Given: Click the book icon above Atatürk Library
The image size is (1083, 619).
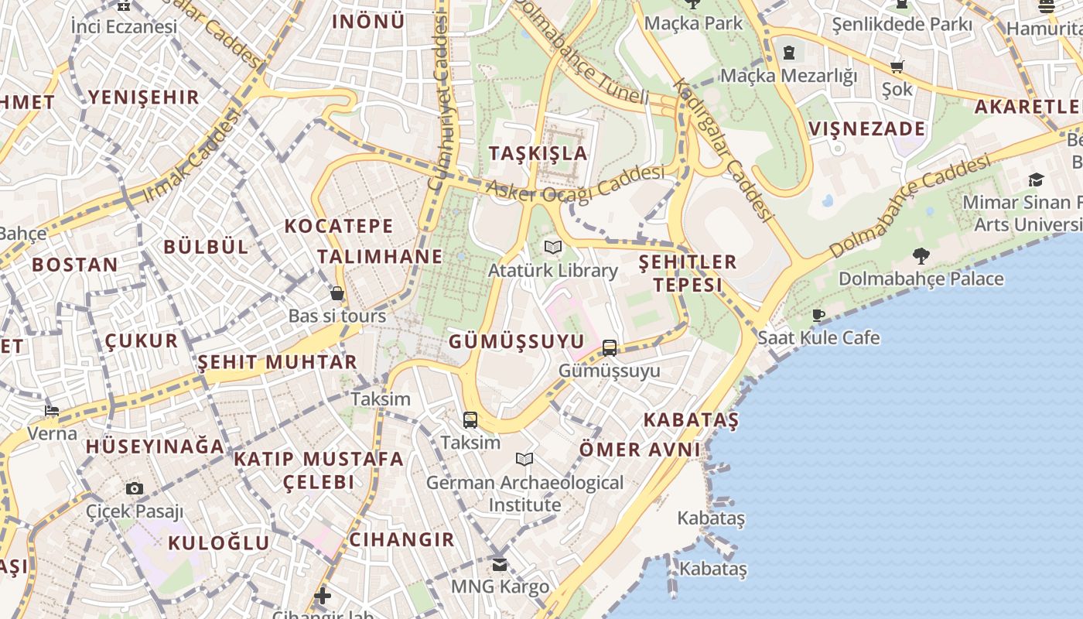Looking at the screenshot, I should click(x=552, y=247).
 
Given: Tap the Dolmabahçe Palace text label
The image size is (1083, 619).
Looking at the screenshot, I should click(x=921, y=279).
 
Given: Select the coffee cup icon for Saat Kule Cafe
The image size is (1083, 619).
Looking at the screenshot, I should click(x=818, y=315).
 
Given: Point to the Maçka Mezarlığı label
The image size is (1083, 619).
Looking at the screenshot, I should click(x=789, y=76).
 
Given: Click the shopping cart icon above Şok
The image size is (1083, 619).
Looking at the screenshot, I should click(x=897, y=67).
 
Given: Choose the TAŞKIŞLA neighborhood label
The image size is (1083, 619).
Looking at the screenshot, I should click(x=538, y=153).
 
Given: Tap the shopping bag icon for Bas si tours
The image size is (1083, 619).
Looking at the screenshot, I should click(x=337, y=293).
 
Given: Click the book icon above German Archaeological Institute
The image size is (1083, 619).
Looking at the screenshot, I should click(x=524, y=460).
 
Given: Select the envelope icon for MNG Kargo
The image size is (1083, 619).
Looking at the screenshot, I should click(x=500, y=564).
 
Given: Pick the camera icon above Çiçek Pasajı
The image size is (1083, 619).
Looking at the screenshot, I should click(x=135, y=488).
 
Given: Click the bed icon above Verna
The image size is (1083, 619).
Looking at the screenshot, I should click(x=52, y=410).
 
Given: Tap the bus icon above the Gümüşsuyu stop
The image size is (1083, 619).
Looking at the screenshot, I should click(x=610, y=348).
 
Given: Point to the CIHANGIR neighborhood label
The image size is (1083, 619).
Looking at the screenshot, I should click(x=401, y=539).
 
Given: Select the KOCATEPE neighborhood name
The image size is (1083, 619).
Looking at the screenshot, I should click(x=339, y=226).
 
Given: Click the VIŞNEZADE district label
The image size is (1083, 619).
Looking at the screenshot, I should click(x=866, y=128).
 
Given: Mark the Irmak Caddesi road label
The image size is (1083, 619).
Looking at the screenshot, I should click(x=191, y=158).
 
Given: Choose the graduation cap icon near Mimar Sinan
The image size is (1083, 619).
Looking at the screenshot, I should click(x=1036, y=180).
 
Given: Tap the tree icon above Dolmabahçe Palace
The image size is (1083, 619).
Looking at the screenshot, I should click(x=921, y=255).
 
